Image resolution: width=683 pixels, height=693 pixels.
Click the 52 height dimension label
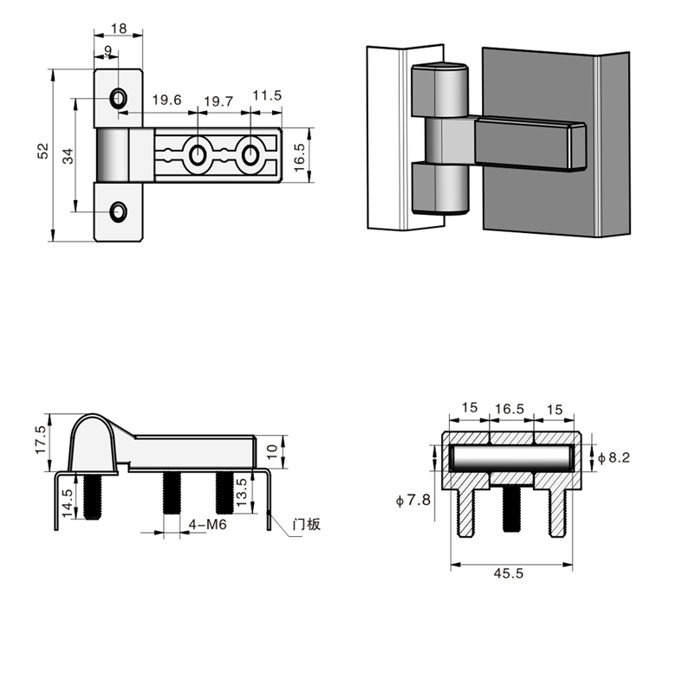(42, 152)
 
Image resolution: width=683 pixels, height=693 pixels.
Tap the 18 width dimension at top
(119, 29)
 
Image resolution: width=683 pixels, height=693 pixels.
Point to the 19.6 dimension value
(167, 100)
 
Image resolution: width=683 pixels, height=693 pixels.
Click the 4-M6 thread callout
(207, 525)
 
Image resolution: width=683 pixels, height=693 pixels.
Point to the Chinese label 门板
(307, 524)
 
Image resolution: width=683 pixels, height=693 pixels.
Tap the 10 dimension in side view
(271, 451)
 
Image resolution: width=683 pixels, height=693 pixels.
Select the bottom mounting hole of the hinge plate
(117, 210)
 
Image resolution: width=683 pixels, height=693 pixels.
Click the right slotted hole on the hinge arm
(250, 155)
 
